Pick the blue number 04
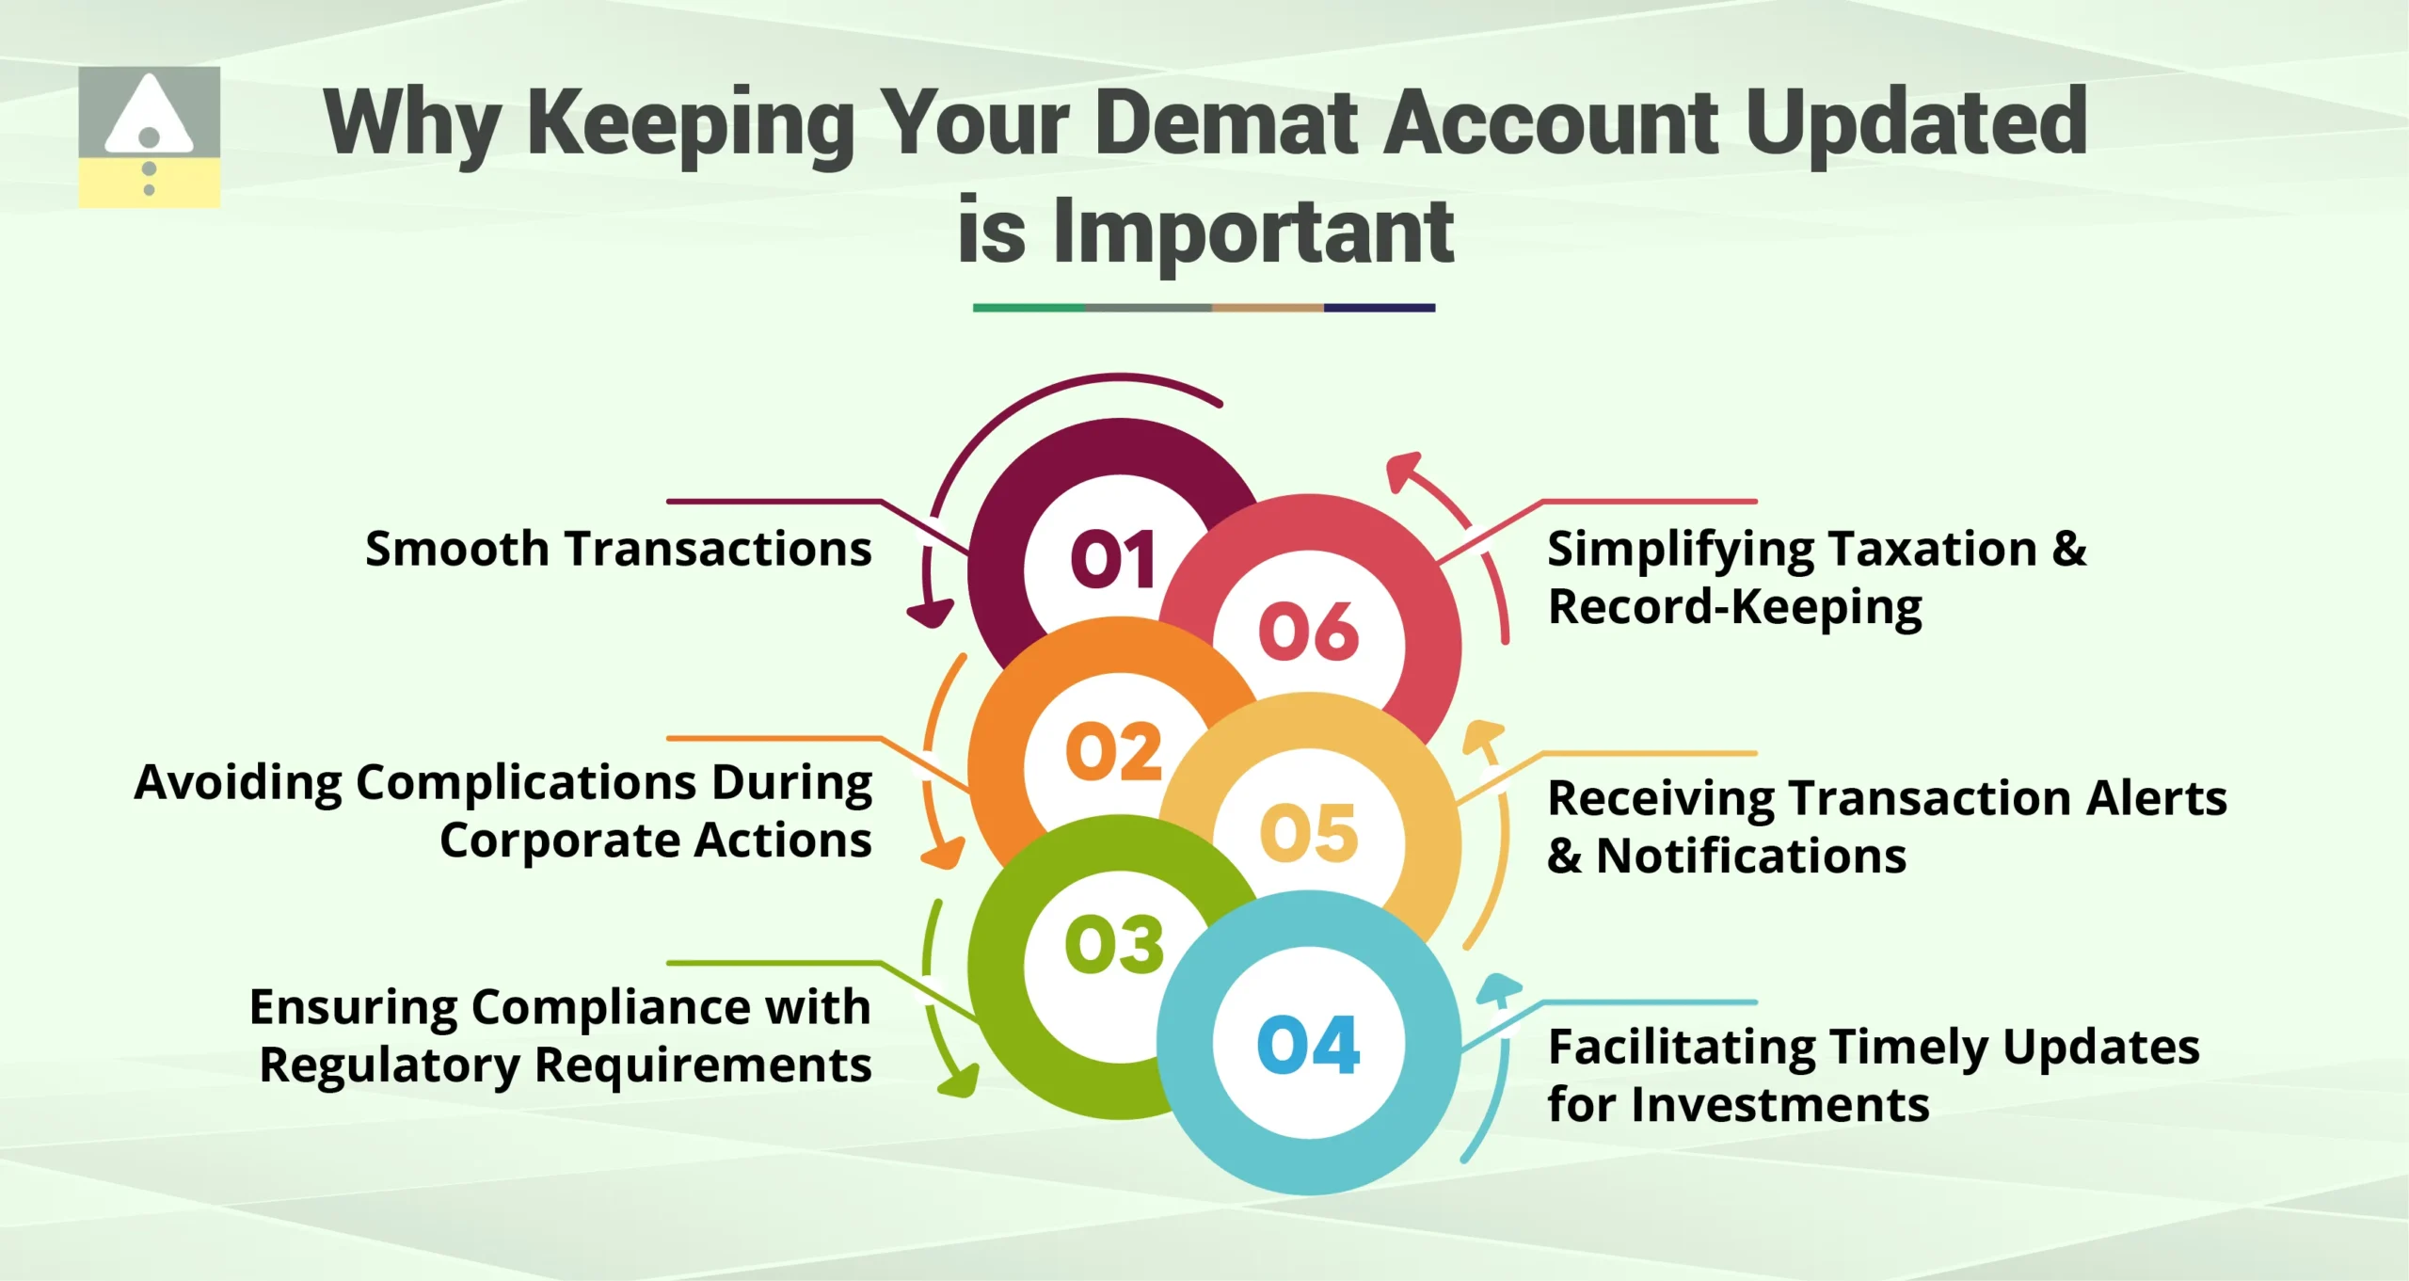coord(1308,1045)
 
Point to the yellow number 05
coord(1309,832)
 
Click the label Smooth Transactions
coord(618,549)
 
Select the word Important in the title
coord(1253,232)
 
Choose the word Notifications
coord(1751,857)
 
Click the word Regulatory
coord(390,1066)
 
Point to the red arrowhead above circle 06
coord(1404,469)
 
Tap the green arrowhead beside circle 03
coord(960,1082)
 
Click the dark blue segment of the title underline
coord(1380,308)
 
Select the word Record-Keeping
coord(1735,607)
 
